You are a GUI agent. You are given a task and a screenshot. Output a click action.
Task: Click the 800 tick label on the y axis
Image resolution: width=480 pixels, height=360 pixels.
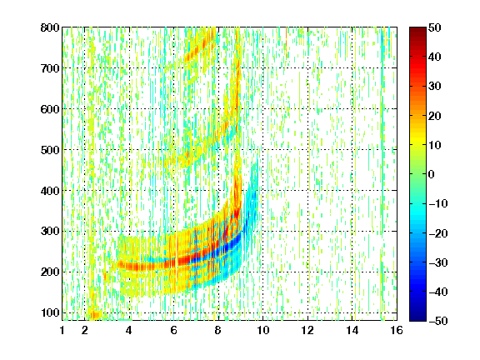pos(50,27)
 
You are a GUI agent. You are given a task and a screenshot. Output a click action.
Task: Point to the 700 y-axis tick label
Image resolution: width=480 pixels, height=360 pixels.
pos(50,68)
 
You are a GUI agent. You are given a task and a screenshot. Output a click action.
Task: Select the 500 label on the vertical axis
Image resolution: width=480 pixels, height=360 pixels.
pos(50,150)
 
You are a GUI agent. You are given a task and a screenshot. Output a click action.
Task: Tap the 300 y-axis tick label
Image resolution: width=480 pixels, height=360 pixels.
pos(50,232)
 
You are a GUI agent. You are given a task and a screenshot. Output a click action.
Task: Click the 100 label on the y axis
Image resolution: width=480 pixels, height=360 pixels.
pos(50,312)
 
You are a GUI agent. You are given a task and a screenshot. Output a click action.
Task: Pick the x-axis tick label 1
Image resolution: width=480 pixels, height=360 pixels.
pos(62,330)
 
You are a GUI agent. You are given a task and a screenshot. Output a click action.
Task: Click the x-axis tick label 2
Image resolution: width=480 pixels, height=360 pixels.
pos(85,330)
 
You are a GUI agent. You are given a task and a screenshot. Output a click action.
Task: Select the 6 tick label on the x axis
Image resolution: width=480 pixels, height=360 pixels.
pos(174,330)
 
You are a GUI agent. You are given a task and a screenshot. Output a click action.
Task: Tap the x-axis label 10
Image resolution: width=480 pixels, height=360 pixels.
pos(263,330)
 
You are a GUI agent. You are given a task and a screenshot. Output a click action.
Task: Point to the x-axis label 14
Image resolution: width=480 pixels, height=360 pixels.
pos(352,330)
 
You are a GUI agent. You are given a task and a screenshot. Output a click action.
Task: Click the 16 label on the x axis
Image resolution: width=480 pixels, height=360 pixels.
pos(397,330)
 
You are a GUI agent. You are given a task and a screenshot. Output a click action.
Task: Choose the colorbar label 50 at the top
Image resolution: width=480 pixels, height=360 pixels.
pos(435,27)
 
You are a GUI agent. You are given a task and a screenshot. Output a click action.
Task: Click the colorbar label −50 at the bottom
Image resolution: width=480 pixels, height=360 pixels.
pos(438,321)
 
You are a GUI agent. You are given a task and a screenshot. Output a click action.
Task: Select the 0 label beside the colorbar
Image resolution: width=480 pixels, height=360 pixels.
pos(432,174)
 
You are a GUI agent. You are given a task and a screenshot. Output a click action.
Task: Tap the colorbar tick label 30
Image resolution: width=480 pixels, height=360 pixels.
pos(435,87)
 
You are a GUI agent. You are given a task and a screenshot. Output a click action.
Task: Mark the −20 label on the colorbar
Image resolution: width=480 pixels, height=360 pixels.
pos(438,233)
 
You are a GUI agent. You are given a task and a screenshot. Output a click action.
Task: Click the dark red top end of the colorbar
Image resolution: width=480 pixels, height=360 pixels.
pos(417,29)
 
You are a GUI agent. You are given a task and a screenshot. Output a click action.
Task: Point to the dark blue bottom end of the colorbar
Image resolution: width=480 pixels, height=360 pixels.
pos(417,319)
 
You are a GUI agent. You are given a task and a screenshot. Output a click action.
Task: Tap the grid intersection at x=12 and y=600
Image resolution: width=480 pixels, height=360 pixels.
pos(307,109)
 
